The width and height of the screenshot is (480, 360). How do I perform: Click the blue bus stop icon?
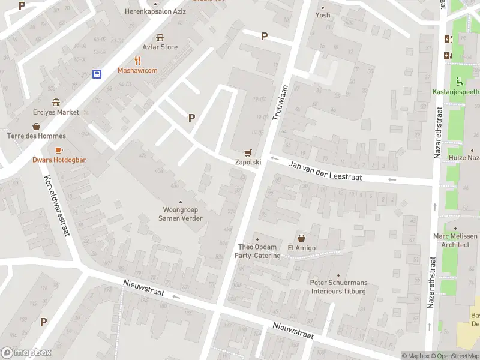coord(96,74)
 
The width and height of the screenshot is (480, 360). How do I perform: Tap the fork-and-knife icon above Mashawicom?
coord(137,60)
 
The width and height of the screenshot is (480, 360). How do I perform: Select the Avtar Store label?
coord(160,47)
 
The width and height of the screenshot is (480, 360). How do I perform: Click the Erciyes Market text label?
coord(56,112)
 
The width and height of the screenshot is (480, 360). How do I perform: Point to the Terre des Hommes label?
coord(36,136)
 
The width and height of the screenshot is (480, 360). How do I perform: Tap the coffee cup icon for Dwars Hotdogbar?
coord(59,150)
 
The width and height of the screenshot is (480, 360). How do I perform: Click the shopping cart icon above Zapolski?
coord(247,152)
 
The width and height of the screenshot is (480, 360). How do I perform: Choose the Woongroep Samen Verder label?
coord(180,214)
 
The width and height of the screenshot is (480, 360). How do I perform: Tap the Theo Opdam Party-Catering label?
coord(259,251)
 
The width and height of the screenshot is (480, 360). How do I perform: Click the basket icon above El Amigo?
coord(301,238)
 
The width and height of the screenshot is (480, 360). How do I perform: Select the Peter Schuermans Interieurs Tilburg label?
coord(338,287)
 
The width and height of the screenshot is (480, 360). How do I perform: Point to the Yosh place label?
coord(323,15)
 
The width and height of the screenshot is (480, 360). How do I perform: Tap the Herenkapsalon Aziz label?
coord(155,11)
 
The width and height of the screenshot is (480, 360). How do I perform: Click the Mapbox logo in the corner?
coord(26,353)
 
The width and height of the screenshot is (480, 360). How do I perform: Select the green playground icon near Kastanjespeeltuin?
coord(459,82)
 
